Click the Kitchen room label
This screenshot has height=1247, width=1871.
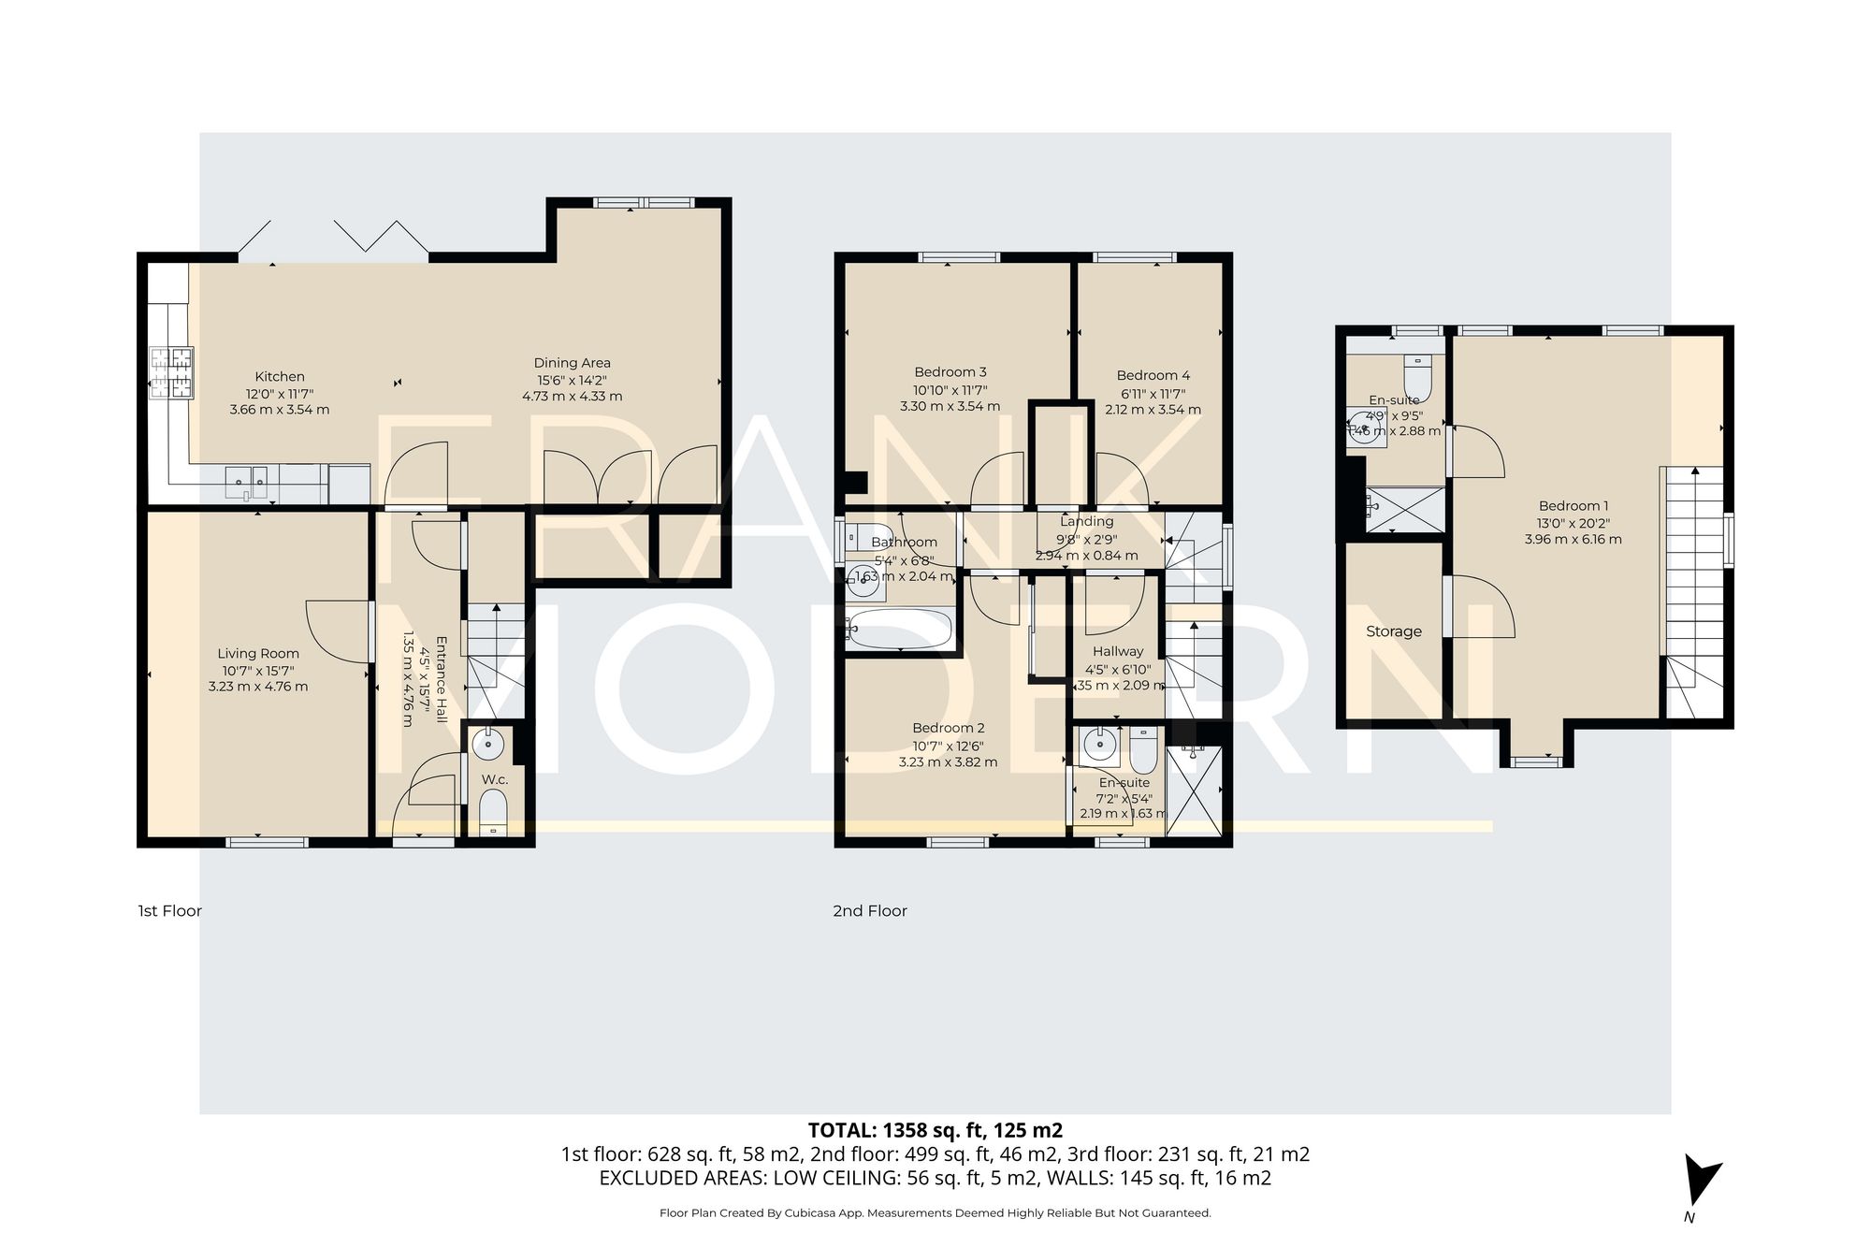point(280,377)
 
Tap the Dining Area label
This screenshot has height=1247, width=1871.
point(572,363)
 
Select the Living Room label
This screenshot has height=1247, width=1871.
point(258,654)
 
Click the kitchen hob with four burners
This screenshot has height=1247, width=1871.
point(170,373)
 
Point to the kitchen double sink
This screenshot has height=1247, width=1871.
point(248,481)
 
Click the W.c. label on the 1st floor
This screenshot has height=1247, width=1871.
point(495,779)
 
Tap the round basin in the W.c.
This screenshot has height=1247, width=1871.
point(487,745)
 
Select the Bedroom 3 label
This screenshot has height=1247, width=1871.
point(950,372)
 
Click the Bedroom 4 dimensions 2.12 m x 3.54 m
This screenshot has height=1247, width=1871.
point(1153,409)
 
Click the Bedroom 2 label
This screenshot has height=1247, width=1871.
point(949,728)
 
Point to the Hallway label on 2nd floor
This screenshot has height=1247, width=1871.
point(1118,651)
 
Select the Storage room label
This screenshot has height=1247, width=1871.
point(1393,631)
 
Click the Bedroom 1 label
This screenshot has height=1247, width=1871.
point(1573,506)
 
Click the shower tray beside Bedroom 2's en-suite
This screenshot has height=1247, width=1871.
point(1195,791)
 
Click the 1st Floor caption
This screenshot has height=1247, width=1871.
point(169,911)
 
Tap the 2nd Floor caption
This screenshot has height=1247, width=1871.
point(870,911)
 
